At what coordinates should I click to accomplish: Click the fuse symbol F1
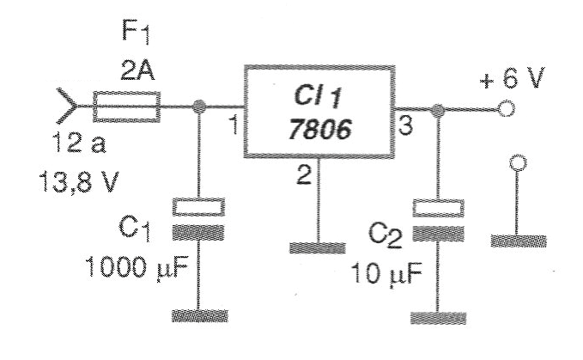pos(126,107)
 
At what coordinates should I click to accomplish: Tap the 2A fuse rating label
pos(137,70)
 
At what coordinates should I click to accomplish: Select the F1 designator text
pos(136,33)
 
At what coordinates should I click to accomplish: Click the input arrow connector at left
pos(67,106)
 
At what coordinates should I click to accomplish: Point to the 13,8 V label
pos(79,181)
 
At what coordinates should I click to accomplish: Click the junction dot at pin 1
pos(199,107)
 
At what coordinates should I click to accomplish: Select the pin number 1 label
pos(234,125)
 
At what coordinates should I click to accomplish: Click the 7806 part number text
pos(320,129)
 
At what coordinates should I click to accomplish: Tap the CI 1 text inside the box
pos(317,97)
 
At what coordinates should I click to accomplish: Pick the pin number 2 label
pos(304,175)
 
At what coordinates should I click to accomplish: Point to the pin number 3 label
pos(405,125)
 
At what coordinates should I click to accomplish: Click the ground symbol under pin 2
pos(318,248)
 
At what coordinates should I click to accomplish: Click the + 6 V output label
pos(513,78)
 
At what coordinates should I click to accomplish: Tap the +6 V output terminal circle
pos(506,109)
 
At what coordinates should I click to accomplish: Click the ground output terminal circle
pos(518,163)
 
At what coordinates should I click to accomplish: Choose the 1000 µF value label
pos(137,267)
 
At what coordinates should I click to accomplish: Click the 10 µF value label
pos(386,274)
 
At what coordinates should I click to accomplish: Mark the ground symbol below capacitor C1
pos(200,315)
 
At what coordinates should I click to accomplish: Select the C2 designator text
pos(386,235)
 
